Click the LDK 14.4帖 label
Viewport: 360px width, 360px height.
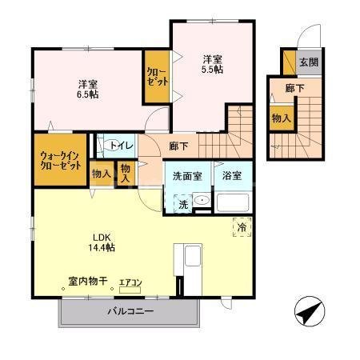[x=102, y=242]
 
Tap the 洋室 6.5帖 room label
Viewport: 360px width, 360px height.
[x=87, y=88]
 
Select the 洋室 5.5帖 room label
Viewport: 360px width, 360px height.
[x=211, y=63]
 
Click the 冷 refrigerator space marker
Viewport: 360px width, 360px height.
[x=240, y=226]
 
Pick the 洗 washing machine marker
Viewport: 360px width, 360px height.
[x=183, y=204]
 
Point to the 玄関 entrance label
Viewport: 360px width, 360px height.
[x=308, y=62]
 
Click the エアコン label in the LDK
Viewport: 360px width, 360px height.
[x=130, y=282]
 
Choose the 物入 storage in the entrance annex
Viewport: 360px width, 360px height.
[x=280, y=118]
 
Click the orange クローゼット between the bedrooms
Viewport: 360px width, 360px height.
[x=156, y=76]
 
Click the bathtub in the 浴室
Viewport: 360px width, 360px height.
[x=234, y=202]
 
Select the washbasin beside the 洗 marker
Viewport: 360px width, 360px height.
[x=202, y=202]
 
